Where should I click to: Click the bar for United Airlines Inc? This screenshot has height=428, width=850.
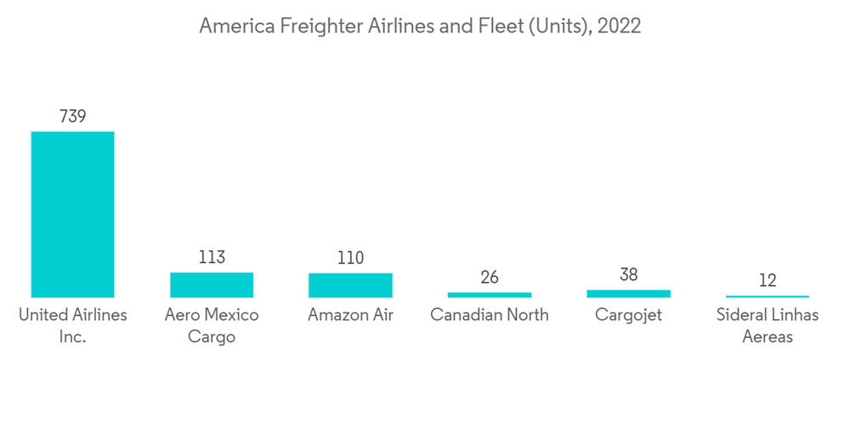72,214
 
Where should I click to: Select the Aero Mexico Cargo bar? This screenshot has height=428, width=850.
212,284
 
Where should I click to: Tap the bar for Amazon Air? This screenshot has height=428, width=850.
350,285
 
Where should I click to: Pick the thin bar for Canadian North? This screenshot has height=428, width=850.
489,295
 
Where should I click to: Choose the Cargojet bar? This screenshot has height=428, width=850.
628,294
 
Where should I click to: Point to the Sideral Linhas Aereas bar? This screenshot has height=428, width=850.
768,296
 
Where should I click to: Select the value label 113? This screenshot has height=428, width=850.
212,257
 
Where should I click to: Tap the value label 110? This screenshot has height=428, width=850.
350,258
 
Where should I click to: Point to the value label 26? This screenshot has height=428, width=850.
489,277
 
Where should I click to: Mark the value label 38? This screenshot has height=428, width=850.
628,274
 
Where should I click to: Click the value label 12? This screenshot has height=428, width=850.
768,281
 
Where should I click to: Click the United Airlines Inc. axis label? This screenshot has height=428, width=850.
72,325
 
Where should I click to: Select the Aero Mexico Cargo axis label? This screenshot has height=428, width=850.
212,325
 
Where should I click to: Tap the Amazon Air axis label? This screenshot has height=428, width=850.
350,315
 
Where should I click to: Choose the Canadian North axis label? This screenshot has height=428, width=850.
489,315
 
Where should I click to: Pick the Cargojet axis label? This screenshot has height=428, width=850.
628,315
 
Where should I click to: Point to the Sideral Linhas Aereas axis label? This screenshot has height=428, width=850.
768,325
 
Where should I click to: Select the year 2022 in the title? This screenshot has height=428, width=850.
620,26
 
